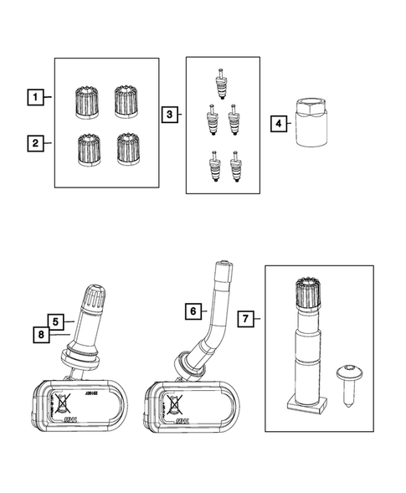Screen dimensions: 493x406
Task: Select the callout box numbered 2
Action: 35,144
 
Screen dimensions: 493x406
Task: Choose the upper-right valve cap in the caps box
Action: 126,100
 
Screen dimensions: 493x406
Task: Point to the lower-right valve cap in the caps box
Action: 127,147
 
